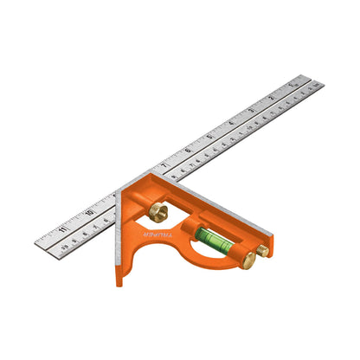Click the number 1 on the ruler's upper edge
[x=294, y=87]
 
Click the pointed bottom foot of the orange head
[x=120, y=279]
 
